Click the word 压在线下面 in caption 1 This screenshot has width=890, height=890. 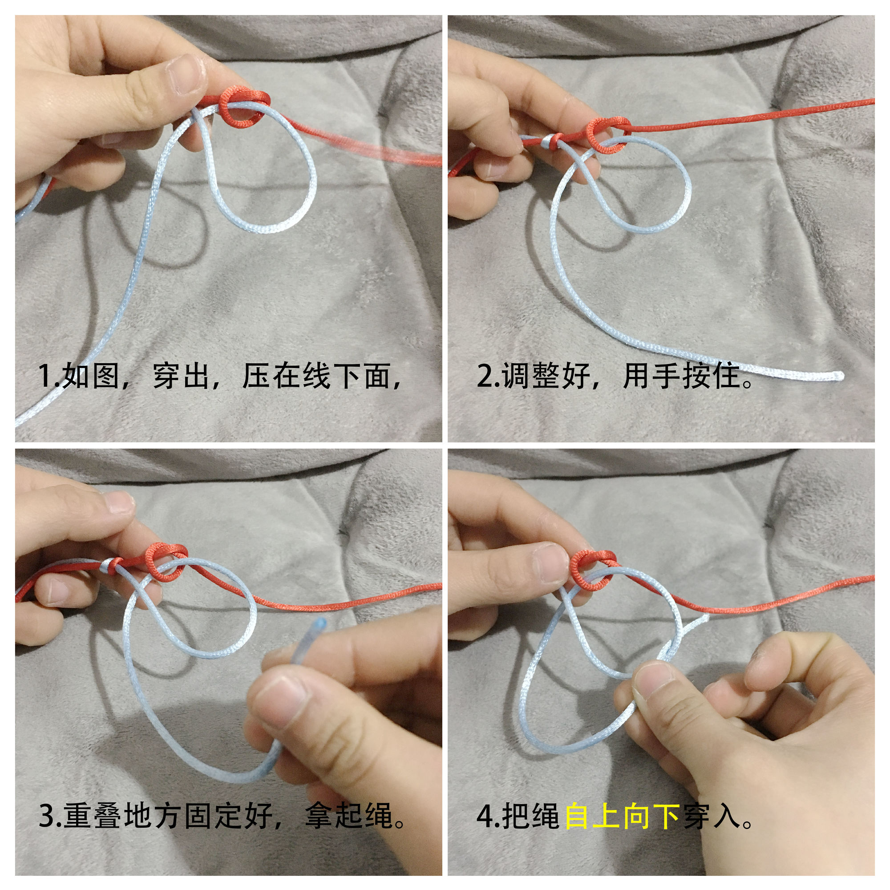pos(318,376)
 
